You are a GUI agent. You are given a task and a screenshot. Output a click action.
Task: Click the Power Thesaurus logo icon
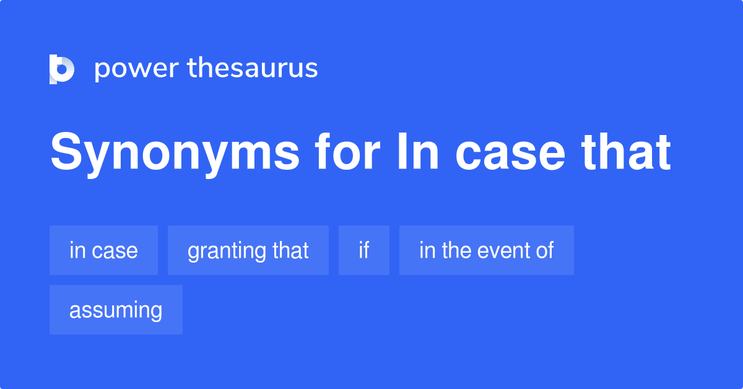62,69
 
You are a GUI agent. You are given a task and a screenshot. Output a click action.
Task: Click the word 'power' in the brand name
136,69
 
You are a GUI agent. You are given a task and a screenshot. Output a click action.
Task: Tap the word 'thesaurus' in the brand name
253,69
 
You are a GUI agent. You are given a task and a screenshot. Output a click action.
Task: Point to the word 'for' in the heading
346,153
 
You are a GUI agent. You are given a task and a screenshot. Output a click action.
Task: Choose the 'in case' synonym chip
103,250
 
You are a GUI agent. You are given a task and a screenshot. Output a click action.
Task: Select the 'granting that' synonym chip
248,250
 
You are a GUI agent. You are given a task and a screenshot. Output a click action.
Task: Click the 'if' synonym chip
363,250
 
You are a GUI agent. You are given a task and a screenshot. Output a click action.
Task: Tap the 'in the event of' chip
486,250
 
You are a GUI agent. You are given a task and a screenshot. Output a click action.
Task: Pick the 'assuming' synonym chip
116,310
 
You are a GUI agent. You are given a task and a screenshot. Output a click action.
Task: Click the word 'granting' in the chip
227,251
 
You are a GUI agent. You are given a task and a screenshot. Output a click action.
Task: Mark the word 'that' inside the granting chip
290,250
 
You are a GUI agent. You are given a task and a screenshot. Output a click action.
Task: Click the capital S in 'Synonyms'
65,153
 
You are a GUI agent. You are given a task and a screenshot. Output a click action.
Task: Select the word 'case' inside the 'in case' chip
114,250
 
